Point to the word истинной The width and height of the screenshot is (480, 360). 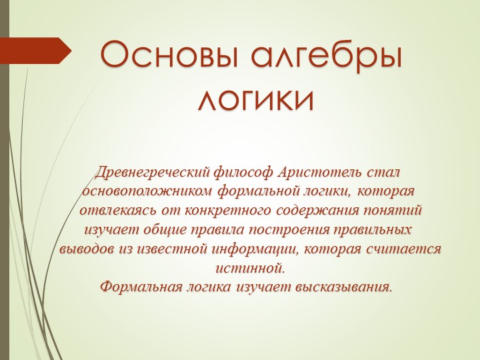coord(250,269)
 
